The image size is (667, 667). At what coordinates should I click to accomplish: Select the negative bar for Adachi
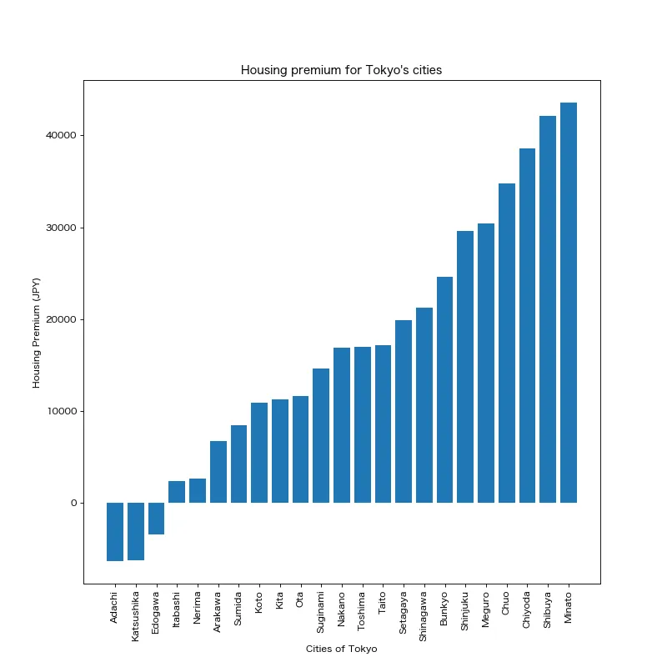point(115,532)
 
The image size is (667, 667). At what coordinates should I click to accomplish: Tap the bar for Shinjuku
point(465,367)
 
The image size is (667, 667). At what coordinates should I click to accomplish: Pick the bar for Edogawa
point(156,519)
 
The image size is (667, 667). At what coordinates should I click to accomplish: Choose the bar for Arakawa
point(218,472)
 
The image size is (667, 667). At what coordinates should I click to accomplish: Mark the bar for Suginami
point(321,435)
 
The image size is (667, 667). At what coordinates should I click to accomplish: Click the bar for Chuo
point(507,343)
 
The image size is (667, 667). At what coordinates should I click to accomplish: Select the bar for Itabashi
point(177,492)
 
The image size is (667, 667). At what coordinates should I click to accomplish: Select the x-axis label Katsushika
point(136,616)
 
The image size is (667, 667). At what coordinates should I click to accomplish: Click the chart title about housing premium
point(341,70)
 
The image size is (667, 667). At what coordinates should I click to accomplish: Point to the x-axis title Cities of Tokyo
point(341,649)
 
